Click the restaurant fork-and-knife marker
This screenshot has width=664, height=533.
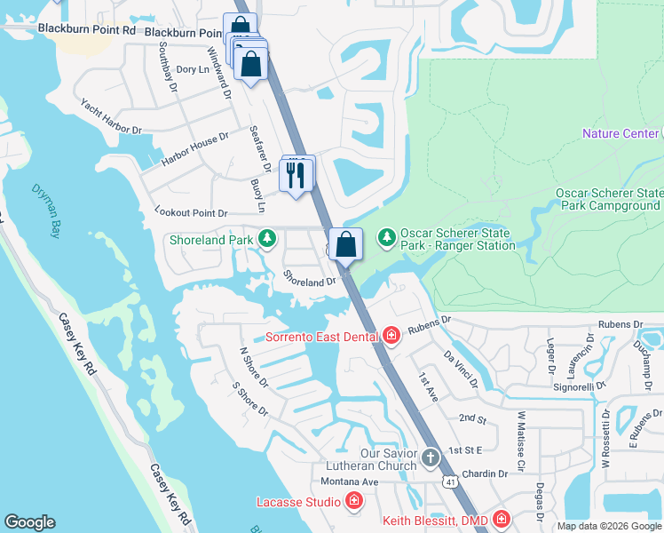pos(296,174)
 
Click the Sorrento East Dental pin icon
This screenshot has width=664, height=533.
pos(391,336)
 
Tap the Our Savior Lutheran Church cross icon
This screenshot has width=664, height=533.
pos(430,458)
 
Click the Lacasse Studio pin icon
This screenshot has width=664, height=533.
pos(354,502)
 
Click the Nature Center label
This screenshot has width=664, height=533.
pos(620,133)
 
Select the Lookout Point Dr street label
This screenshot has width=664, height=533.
pos(191,213)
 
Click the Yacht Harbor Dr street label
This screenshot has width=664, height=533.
pos(111,116)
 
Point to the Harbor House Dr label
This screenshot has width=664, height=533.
pos(195,149)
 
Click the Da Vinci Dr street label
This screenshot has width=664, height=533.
pos(461,370)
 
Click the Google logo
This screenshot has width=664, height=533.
pos(30,522)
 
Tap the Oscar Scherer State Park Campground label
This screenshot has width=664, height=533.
pos(609,199)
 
